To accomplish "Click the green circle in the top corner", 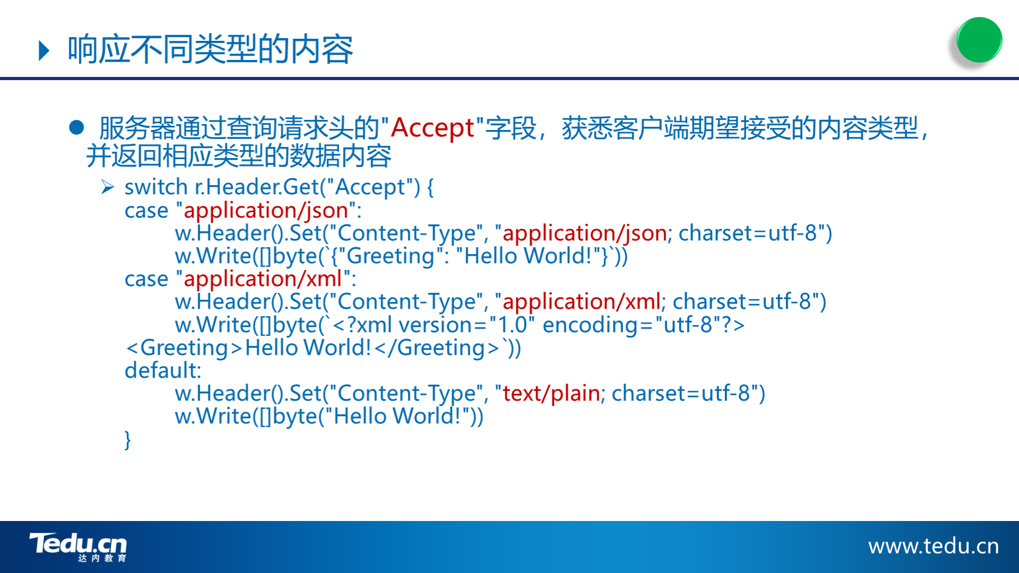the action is pyautogui.click(x=979, y=40).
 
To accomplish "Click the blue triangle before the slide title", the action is pyautogui.click(x=45, y=51).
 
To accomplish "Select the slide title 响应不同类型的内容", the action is pyautogui.click(x=210, y=49).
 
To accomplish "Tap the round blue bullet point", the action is pyautogui.click(x=77, y=127).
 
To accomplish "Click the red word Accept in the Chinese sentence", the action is pyautogui.click(x=432, y=128).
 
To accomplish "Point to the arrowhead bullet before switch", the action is pyautogui.click(x=108, y=187).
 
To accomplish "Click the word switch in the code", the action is pyautogui.click(x=156, y=187).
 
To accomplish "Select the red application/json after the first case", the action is pyautogui.click(x=266, y=211).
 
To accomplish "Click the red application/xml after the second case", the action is pyautogui.click(x=263, y=279).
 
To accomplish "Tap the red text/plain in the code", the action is pyautogui.click(x=551, y=393).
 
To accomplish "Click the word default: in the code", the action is pyautogui.click(x=163, y=370).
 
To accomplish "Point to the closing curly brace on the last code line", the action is pyautogui.click(x=127, y=440).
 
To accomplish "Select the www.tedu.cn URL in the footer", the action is pyautogui.click(x=934, y=546).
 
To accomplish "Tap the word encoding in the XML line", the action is pyautogui.click(x=590, y=325).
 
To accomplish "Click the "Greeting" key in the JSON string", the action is pyautogui.click(x=391, y=256).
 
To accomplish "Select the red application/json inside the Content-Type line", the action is pyautogui.click(x=585, y=233).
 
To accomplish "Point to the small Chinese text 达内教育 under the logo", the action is pyautogui.click(x=102, y=558).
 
